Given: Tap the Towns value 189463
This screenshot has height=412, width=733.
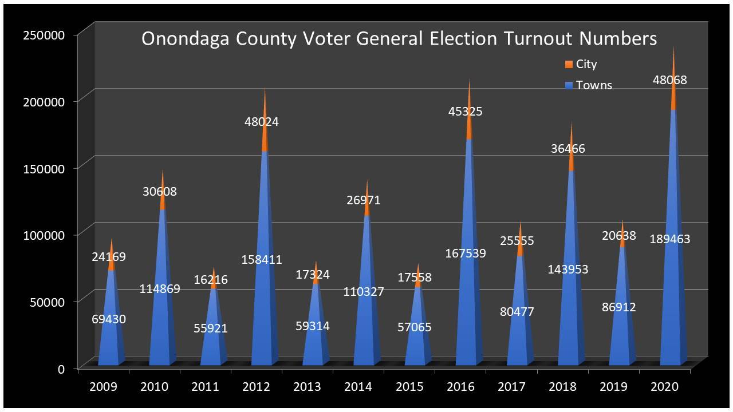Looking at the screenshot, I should (669, 239).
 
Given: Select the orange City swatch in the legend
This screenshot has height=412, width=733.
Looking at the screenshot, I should (569, 65).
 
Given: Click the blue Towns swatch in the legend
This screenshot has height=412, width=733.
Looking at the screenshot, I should (569, 86).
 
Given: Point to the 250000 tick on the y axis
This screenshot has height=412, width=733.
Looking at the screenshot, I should (44, 35).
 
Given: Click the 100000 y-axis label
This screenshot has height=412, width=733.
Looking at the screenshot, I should (44, 235).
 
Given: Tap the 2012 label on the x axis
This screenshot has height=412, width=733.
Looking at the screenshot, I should (257, 387).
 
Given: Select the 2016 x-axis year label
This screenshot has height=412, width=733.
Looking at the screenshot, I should (461, 387).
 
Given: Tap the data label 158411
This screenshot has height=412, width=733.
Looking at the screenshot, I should (261, 260).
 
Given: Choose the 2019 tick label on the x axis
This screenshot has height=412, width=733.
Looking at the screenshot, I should (614, 387).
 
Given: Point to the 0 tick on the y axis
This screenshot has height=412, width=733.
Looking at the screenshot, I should (61, 369).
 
